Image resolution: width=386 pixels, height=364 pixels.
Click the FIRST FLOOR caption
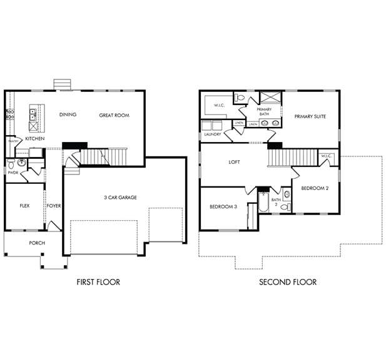click(98, 282)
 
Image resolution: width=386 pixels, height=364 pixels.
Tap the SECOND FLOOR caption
click(288, 282)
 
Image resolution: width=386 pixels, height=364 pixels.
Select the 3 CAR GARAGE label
click(120, 198)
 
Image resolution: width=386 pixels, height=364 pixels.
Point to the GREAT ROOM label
click(114, 115)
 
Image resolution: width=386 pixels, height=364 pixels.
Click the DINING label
click(68, 115)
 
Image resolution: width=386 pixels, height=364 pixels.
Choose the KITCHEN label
click(34, 138)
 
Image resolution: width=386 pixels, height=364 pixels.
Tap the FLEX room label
click(24, 205)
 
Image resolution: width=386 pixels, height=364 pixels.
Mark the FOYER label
click(53, 205)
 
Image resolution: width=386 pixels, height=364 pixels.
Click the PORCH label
click(37, 243)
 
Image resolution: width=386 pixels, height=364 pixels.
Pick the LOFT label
click(234, 162)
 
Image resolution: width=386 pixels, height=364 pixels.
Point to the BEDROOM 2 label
click(315, 188)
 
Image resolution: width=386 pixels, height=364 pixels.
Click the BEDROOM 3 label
click(223, 206)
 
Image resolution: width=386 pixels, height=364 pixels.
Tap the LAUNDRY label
click(212, 134)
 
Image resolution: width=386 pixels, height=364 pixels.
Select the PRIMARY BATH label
click(264, 112)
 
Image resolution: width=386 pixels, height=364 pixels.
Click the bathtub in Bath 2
click(264, 203)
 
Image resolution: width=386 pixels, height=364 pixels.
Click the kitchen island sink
click(33, 114)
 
